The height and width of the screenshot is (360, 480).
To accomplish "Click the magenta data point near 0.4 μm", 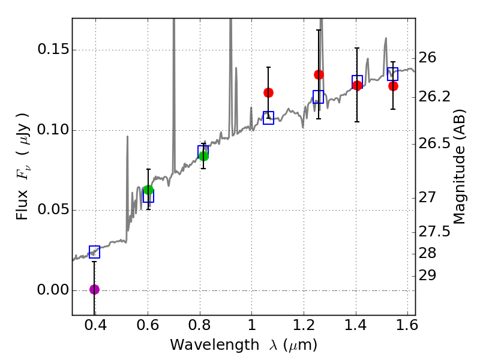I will (94, 289).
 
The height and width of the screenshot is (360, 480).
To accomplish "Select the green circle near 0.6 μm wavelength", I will (148, 190).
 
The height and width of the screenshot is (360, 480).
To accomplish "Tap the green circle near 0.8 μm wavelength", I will (203, 156).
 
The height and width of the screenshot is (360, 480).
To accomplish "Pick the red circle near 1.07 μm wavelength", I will (268, 92).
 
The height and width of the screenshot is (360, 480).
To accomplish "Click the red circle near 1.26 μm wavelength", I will (319, 74).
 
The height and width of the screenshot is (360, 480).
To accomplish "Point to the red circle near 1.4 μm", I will (358, 85).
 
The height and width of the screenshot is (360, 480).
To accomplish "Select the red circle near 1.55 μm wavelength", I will (393, 86).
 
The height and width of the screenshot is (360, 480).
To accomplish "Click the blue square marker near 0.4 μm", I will (94, 252).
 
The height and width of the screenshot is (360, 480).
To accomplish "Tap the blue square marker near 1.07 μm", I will (268, 118).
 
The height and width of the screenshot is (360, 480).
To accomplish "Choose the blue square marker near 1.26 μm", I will (319, 97).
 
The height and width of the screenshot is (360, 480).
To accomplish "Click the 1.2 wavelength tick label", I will (304, 327).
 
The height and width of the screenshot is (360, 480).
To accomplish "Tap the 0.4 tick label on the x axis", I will (95, 327).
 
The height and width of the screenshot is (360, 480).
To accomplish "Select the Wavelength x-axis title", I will (244, 345).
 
